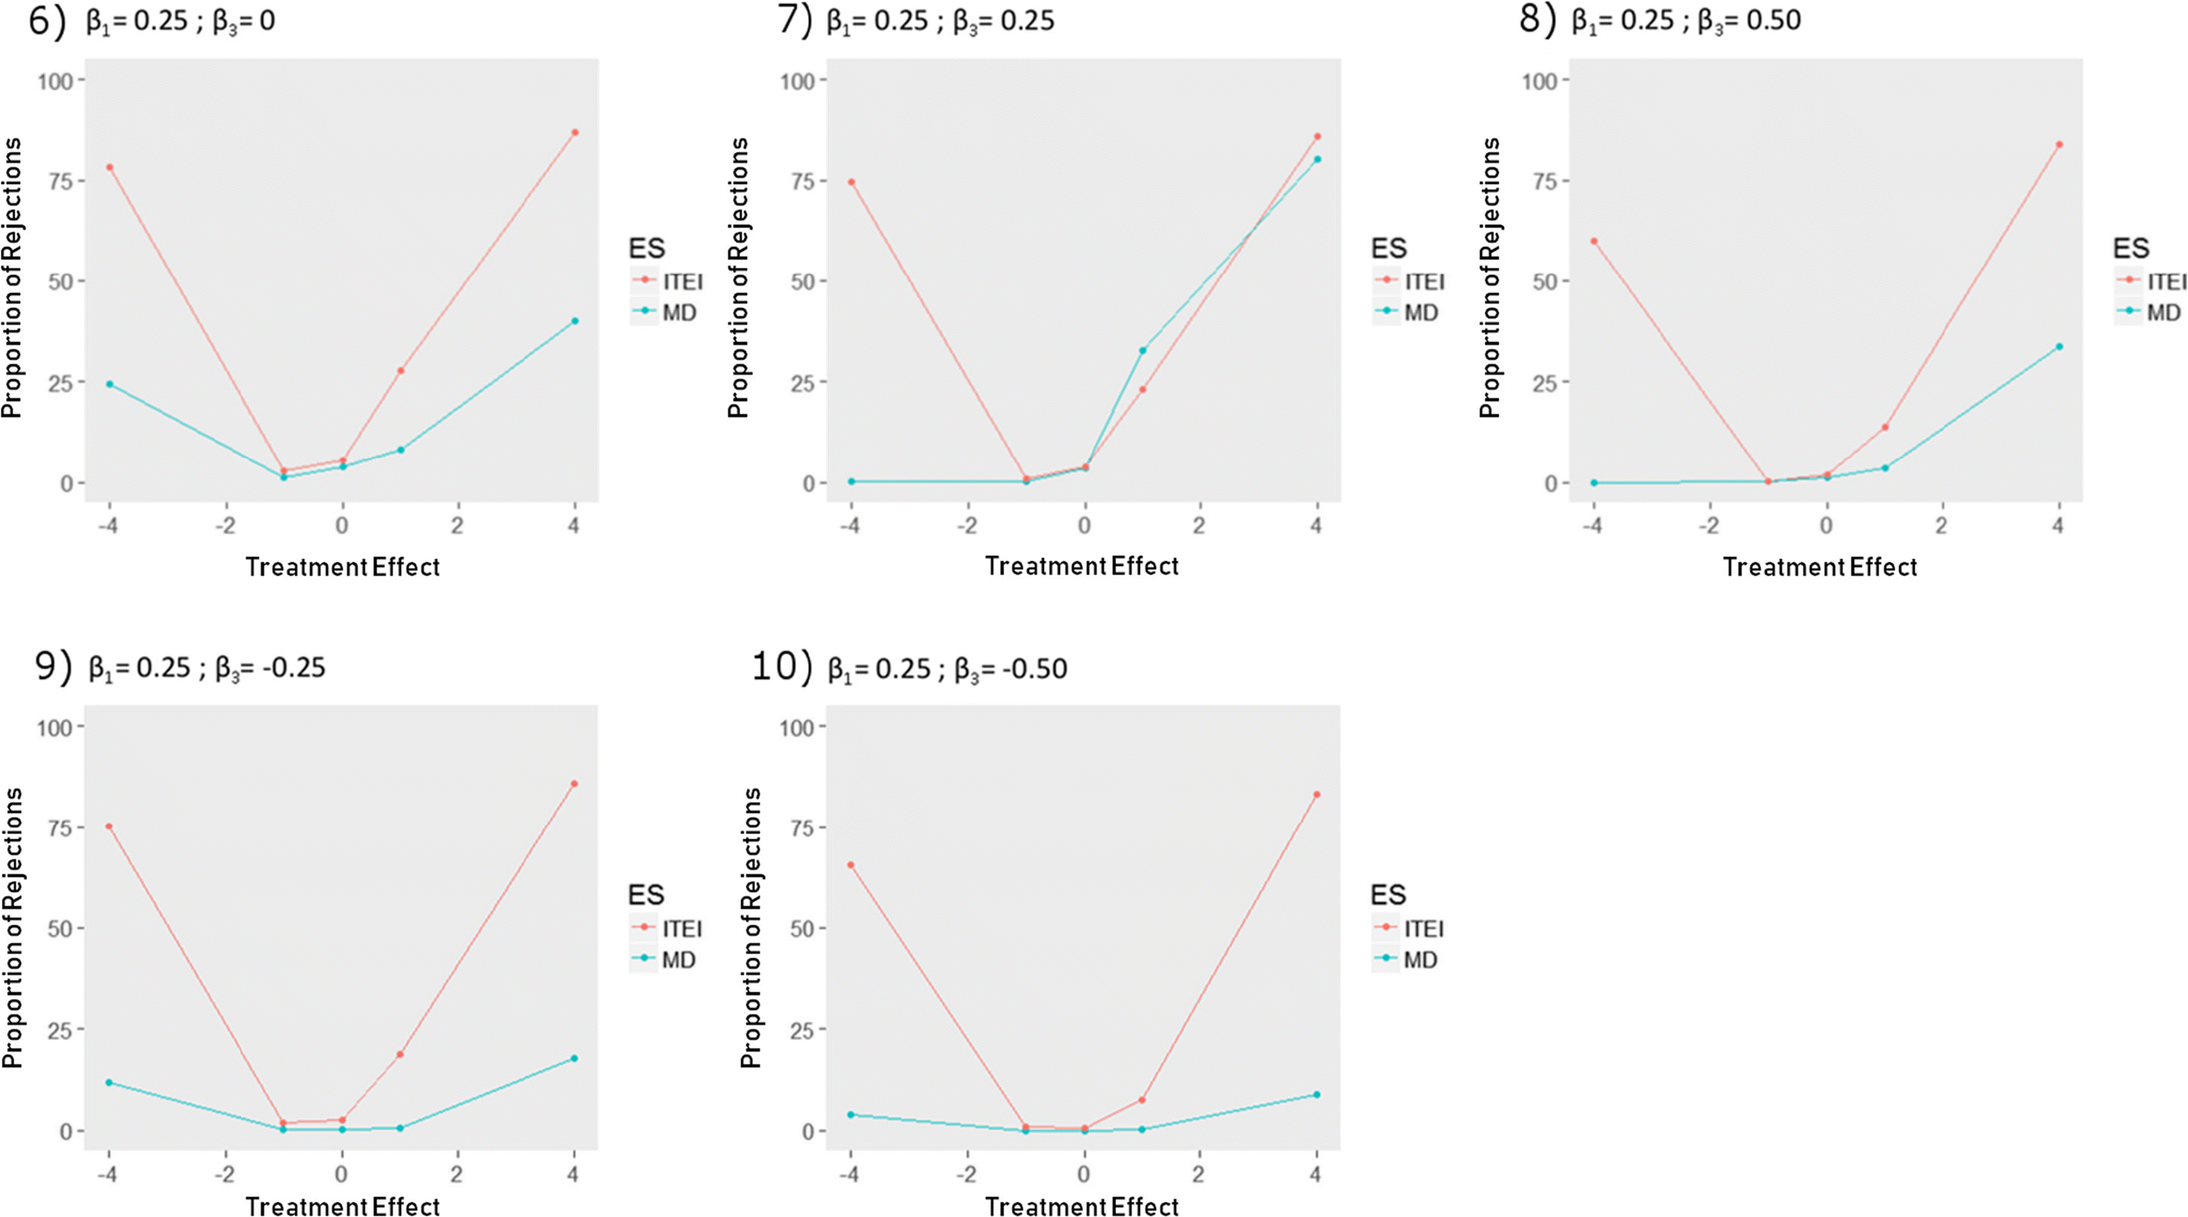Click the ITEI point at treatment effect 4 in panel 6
tap(575, 133)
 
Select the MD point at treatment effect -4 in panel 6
tap(110, 384)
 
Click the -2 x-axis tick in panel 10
tap(966, 1175)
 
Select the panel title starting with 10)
tap(911, 667)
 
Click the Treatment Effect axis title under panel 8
tap(1819, 567)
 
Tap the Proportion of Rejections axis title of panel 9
tap(13, 928)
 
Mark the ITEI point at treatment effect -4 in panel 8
tap(1594, 241)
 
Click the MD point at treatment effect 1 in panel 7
tap(1142, 350)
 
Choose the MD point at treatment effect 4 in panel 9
tap(574, 1058)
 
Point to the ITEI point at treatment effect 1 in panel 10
tap(1142, 1100)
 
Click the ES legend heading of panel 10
tap(1388, 894)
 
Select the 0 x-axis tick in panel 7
tap(1084, 526)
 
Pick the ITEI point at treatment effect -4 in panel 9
tap(109, 826)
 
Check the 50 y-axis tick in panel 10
tap(802, 929)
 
